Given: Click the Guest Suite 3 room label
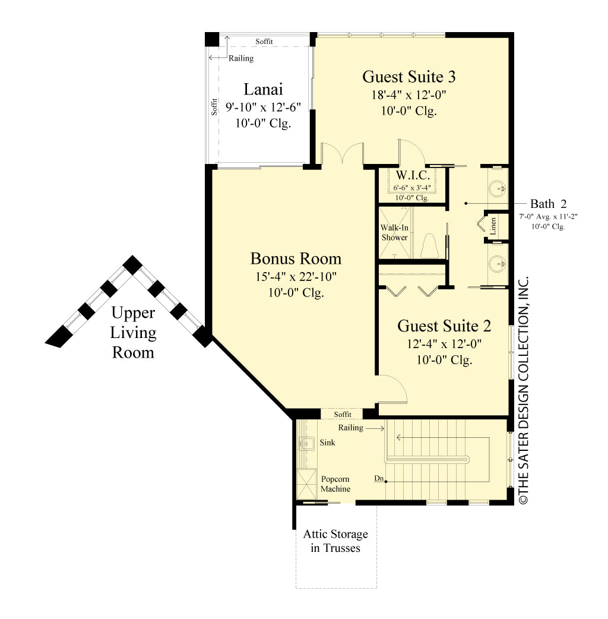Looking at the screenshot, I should pos(409,77).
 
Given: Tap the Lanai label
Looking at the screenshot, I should pos(263,90).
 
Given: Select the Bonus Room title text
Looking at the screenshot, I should pos(296,258).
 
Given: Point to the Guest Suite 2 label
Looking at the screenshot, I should pos(444,326).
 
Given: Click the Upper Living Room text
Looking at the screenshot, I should pos(134,332).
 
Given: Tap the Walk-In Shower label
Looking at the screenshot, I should pos(394,232).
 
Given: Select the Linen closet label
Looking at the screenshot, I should pos(493,226).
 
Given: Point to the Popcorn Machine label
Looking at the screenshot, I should pos(335,484).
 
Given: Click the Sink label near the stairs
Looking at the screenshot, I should pos(327,443).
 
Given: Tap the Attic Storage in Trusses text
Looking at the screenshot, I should pos(335,541).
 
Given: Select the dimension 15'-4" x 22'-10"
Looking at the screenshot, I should pos(296,277).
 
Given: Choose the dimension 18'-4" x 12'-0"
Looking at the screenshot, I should pos(409,95).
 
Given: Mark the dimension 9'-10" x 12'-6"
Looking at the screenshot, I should pos(263,108).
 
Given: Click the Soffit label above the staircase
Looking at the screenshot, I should pos(343,414).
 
